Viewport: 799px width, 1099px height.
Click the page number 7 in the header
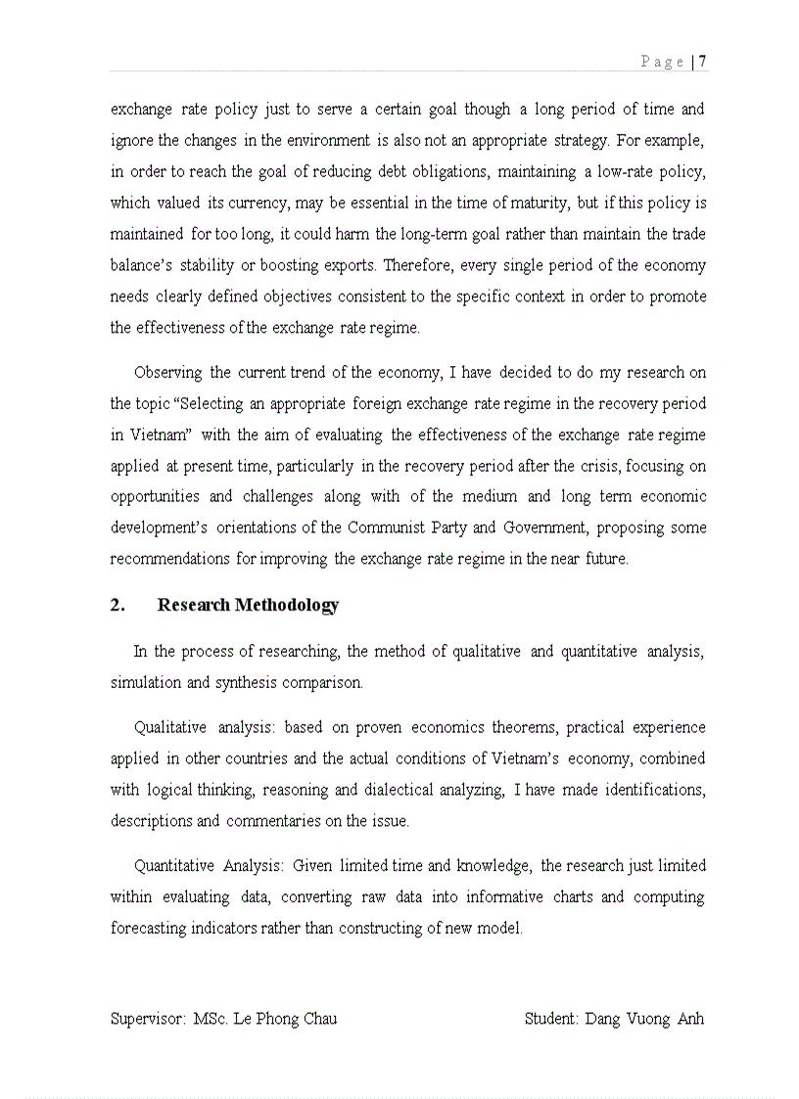[x=704, y=62]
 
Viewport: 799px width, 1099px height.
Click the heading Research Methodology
[x=248, y=605]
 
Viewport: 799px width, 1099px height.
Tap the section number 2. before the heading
[x=117, y=605]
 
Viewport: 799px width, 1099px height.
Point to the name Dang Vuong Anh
[x=644, y=1019]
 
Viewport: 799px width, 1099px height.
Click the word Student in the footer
[x=551, y=1019]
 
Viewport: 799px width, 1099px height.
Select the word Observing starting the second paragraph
[x=167, y=373]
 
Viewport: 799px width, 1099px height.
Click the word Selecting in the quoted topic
[x=218, y=404]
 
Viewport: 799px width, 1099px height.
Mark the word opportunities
[x=157, y=496]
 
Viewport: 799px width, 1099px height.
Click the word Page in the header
[x=662, y=62]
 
